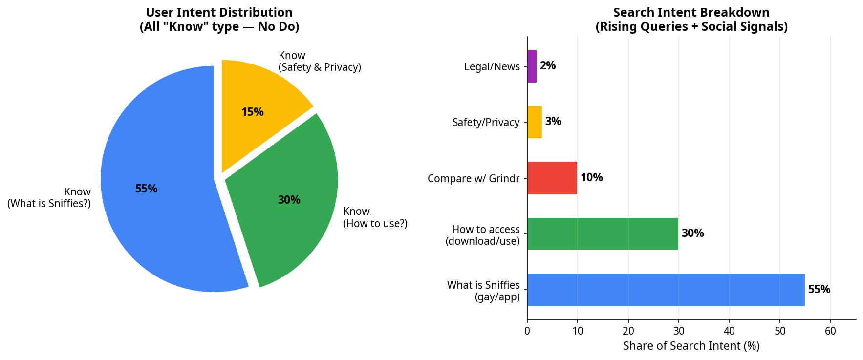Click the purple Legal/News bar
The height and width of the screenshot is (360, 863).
click(x=532, y=66)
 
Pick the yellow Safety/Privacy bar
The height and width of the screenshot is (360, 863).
click(x=534, y=122)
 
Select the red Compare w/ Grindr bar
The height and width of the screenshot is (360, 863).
click(x=552, y=178)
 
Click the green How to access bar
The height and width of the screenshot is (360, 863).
click(x=602, y=233)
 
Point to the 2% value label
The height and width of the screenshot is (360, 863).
click(x=548, y=66)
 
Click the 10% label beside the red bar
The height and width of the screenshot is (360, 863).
click(x=591, y=178)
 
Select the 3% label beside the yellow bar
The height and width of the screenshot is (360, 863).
click(x=553, y=122)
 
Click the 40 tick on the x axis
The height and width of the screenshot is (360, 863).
click(x=729, y=331)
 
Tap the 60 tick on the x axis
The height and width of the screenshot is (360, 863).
click(x=830, y=331)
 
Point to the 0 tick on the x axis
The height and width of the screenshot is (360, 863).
click(x=527, y=331)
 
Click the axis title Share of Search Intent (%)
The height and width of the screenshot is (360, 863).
click(x=691, y=346)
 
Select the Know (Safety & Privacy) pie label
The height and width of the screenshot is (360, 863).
click(x=320, y=62)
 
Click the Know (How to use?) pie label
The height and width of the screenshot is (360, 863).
click(x=375, y=217)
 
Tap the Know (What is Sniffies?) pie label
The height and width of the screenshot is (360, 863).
click(x=49, y=197)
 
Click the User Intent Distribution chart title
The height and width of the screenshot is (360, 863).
click(x=219, y=20)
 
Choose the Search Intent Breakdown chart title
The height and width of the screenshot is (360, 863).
click(x=691, y=20)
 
